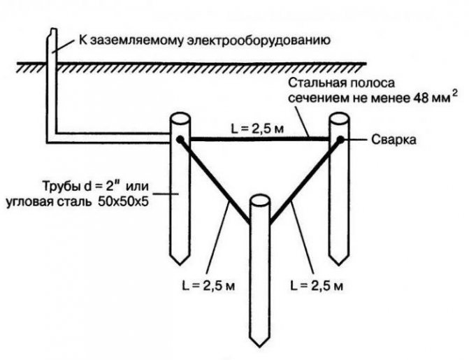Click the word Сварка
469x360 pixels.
[394, 139]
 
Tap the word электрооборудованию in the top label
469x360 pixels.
[259, 40]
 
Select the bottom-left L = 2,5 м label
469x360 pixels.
[208, 286]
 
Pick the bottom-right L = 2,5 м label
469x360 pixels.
[317, 286]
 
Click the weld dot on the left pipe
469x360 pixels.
[180, 139]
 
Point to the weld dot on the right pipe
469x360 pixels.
[340, 139]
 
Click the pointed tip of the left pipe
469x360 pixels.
[180, 264]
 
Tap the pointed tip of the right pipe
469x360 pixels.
[338, 264]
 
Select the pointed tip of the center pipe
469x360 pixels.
[259, 347]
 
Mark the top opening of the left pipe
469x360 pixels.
[180, 119]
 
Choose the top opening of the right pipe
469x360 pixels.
[339, 119]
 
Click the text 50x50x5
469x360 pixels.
[123, 202]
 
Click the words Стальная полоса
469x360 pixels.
[341, 82]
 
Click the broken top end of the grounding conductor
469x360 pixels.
[52, 30]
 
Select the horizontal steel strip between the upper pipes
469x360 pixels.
[259, 139]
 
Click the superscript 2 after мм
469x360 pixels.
[455, 94]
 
